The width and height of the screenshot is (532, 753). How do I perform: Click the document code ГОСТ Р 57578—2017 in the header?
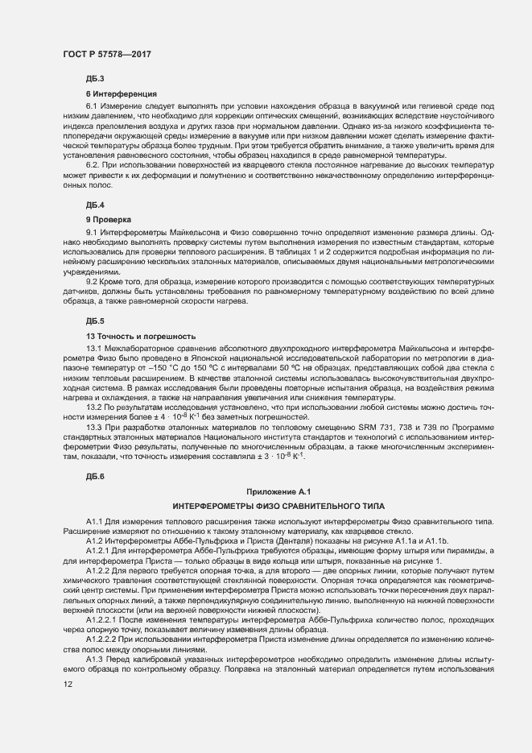pos(107,54)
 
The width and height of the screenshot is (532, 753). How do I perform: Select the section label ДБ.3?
pos(95,79)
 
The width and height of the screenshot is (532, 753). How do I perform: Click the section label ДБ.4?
pos(95,205)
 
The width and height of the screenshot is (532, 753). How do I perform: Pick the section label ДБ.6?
pos(95,478)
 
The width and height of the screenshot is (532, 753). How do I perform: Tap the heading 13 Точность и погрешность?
pos(140,335)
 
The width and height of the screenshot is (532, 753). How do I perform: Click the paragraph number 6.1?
pos(92,106)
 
